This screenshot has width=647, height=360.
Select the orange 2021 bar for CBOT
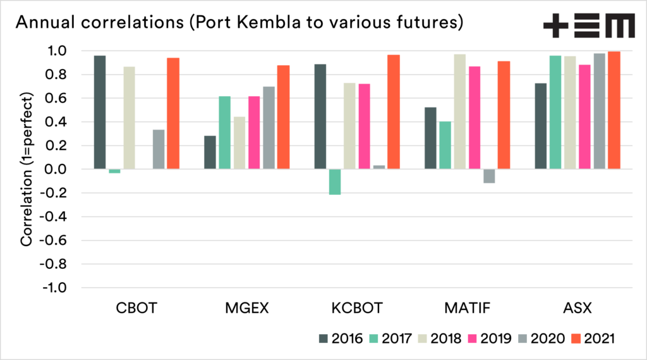(173, 113)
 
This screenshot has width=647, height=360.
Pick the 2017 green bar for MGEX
(224, 132)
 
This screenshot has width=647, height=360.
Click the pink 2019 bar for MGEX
(253, 132)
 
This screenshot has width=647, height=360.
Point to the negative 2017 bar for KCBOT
(335, 182)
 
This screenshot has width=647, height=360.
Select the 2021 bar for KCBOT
(394, 112)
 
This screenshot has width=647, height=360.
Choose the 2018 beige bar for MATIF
(460, 111)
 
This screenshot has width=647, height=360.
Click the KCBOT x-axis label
(357, 309)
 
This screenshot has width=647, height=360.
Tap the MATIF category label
(467, 309)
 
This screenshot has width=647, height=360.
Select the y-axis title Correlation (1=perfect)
(27, 169)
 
